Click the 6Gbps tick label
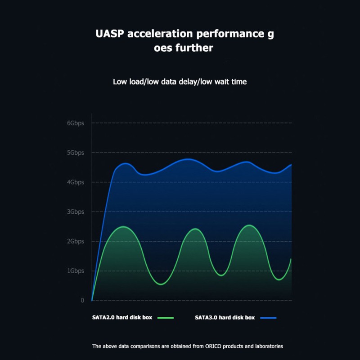[x=76, y=123]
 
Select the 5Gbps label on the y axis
[x=76, y=153]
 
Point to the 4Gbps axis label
[x=76, y=182]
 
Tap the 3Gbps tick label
[x=76, y=211]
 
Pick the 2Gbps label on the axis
[x=76, y=241]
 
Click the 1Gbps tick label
[x=76, y=271]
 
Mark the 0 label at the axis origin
[x=82, y=300]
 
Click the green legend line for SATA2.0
[x=166, y=318]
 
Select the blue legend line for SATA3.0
[x=268, y=318]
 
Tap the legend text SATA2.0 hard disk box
[x=122, y=318]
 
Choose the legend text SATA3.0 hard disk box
[x=225, y=318]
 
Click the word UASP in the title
[x=110, y=33]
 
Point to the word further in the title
[x=194, y=48]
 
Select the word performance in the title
[x=230, y=34]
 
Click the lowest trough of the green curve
[x=161, y=284]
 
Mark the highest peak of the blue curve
[x=188, y=159]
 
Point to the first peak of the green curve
[x=123, y=227]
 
